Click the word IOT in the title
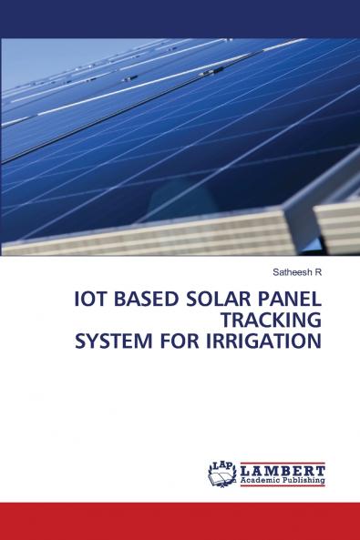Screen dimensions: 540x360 point(91,301)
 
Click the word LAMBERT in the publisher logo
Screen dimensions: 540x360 point(283,469)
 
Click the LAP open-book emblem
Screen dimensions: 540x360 point(223,476)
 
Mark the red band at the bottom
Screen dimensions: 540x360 point(180,521)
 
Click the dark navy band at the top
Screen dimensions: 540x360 point(180,18)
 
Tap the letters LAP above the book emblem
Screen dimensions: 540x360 point(221,464)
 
